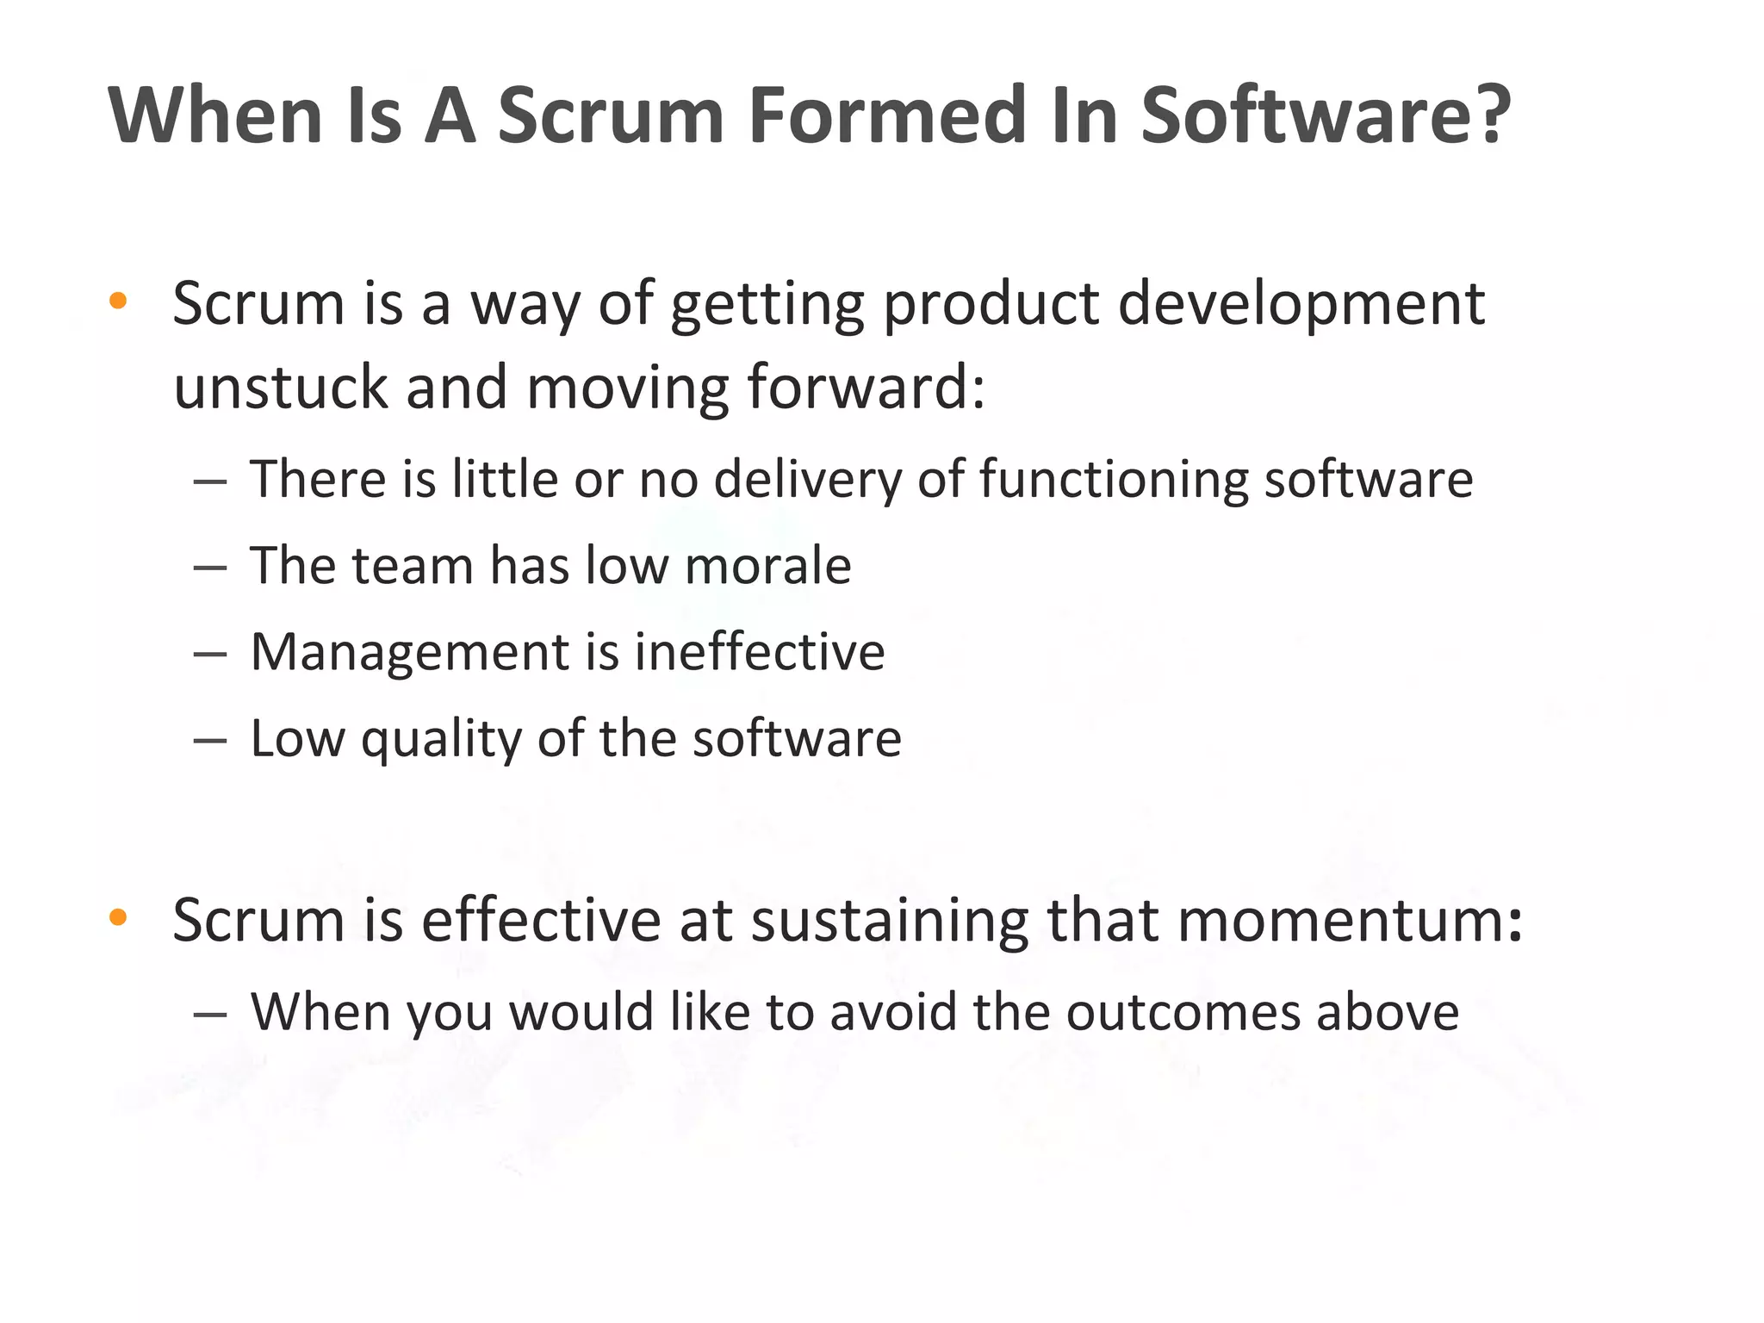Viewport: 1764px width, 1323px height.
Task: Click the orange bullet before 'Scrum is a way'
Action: coord(119,301)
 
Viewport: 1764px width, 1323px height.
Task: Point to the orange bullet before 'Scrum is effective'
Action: coord(119,918)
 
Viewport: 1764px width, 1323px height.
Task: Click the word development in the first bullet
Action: coord(1301,305)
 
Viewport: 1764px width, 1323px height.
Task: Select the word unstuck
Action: coord(280,387)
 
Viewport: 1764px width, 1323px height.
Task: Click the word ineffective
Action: coord(760,652)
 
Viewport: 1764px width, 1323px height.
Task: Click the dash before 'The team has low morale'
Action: coord(210,568)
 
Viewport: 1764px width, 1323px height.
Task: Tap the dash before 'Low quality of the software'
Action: coord(210,741)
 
